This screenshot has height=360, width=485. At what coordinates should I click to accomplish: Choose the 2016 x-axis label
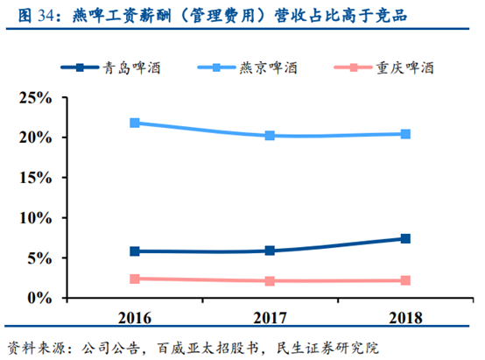coord(134,316)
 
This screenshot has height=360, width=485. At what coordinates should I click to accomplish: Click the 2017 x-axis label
coord(270,316)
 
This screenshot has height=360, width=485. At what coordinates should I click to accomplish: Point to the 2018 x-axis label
coord(405,316)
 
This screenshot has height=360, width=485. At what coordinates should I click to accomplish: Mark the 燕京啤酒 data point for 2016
coord(134,123)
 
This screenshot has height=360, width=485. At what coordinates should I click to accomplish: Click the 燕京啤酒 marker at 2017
coord(270,136)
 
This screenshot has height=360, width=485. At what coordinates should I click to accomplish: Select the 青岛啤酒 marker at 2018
coord(405,238)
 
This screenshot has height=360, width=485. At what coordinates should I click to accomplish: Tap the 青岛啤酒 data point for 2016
coord(134,251)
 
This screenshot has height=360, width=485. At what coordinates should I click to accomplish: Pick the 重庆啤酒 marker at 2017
coord(270,281)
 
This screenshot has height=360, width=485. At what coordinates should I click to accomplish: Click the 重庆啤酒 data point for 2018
coord(405,280)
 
